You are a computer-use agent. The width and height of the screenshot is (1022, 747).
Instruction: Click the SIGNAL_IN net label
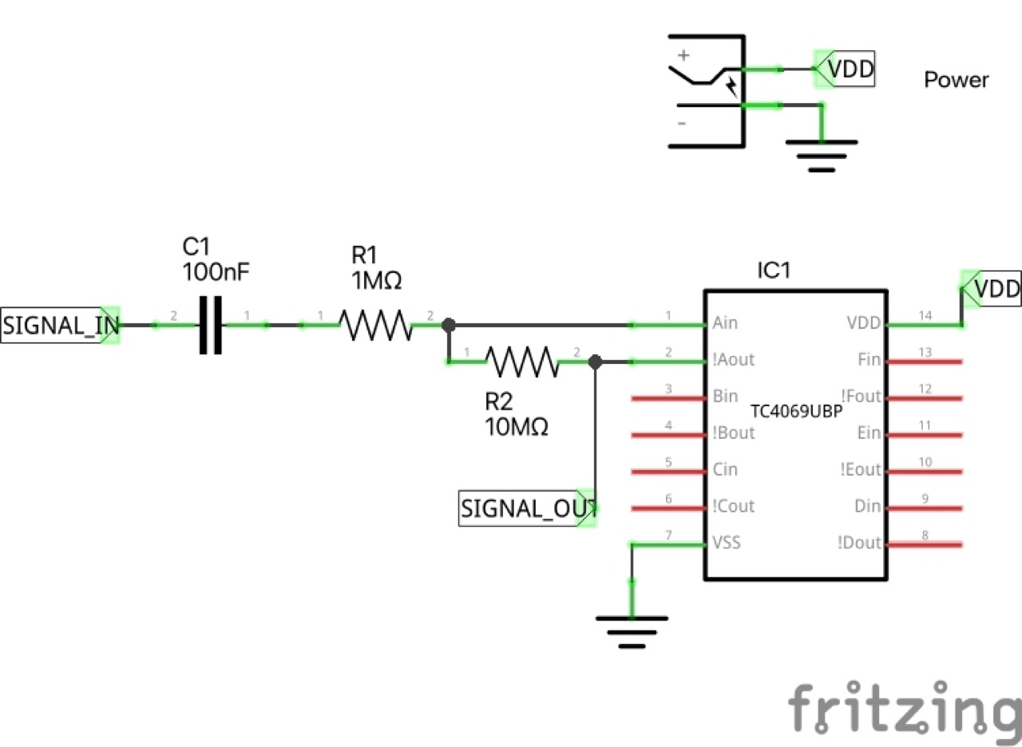pyautogui.click(x=60, y=325)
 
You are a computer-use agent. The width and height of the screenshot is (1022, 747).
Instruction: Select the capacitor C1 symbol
pyautogui.click(x=210, y=325)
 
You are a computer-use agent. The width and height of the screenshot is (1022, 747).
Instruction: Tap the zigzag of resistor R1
pyautogui.click(x=375, y=325)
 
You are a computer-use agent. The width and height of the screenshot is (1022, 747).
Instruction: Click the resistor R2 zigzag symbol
pyautogui.click(x=522, y=362)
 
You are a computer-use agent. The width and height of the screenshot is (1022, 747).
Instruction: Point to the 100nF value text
pyautogui.click(x=216, y=271)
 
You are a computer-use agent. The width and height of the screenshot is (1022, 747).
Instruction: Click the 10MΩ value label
pyautogui.click(x=516, y=427)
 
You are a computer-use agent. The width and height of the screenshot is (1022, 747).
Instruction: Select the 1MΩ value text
pyautogui.click(x=375, y=280)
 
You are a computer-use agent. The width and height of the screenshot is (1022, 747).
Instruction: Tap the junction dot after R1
pyautogui.click(x=449, y=325)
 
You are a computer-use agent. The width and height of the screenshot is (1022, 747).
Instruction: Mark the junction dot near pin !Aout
pyautogui.click(x=594, y=362)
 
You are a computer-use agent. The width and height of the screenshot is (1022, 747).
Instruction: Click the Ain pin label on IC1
pyautogui.click(x=724, y=323)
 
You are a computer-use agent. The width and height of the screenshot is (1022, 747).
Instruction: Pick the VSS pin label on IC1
pyautogui.click(x=726, y=543)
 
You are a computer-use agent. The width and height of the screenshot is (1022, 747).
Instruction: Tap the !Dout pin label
pyautogui.click(x=859, y=543)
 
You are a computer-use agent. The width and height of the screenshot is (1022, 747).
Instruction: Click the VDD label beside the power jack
pyautogui.click(x=850, y=69)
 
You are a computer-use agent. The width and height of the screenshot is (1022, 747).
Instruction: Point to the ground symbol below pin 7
pyautogui.click(x=632, y=630)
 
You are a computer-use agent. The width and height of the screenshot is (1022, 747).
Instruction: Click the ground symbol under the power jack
pyautogui.click(x=822, y=155)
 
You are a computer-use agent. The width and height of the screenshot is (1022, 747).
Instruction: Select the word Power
pyautogui.click(x=956, y=80)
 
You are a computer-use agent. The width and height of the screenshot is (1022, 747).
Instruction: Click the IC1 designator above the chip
pyautogui.click(x=773, y=270)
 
